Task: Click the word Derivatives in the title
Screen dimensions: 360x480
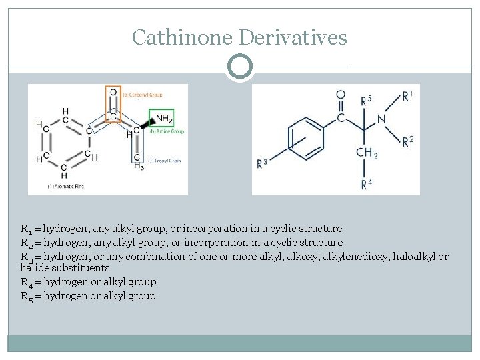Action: pyautogui.click(x=293, y=37)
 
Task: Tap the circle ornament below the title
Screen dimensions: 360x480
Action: pyautogui.click(x=240, y=67)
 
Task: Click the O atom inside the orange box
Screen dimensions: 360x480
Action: pyautogui.click(x=113, y=93)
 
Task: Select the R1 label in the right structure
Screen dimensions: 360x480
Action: pyautogui.click(x=407, y=96)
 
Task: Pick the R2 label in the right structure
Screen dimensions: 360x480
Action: pyautogui.click(x=407, y=141)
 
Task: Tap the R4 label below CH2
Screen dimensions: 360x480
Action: pyautogui.click(x=367, y=185)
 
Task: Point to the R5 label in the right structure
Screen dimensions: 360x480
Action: pyautogui.click(x=366, y=101)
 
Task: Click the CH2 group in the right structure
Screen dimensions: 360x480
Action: pyautogui.click(x=367, y=153)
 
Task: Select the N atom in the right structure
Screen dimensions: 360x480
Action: pyautogui.click(x=381, y=119)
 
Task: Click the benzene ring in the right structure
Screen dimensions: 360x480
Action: pyautogui.click(x=306, y=139)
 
